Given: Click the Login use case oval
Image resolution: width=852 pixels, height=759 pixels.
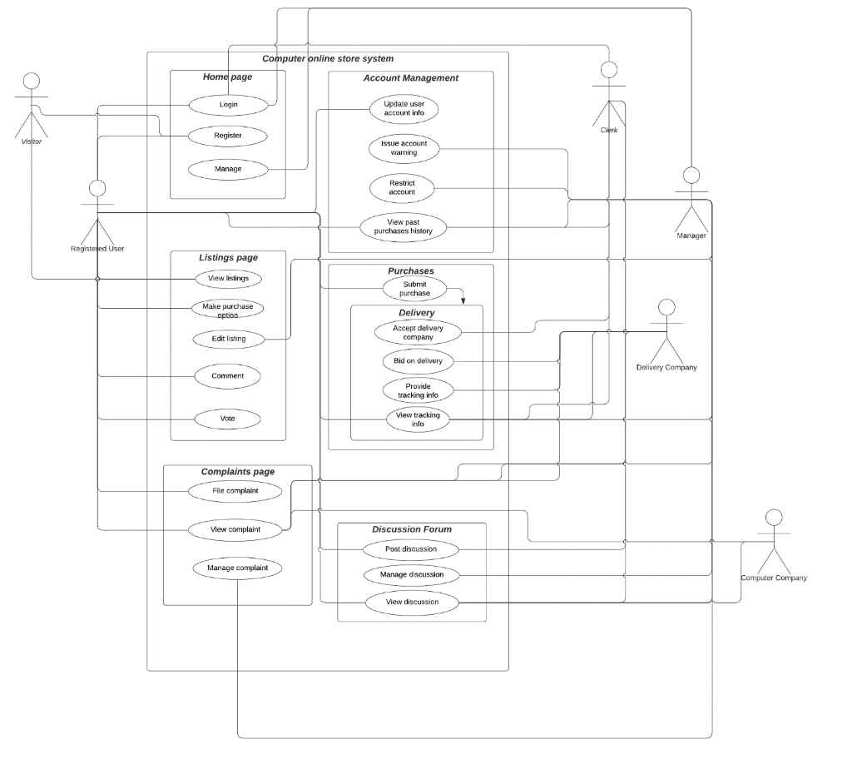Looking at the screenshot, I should tap(228, 105).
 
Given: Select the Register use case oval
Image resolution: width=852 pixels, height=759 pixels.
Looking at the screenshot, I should tap(228, 135).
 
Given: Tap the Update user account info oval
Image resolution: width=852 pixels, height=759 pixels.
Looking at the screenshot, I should tap(404, 109).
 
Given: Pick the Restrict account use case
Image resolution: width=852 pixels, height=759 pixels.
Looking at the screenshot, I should tap(402, 187).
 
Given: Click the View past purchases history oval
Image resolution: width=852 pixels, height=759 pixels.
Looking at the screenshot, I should tap(404, 226).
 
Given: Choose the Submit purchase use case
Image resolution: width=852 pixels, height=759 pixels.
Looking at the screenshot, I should tap(414, 289).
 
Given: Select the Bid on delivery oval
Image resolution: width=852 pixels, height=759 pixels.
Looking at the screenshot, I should tap(418, 361).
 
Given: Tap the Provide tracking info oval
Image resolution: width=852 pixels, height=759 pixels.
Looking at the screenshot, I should tap(418, 389).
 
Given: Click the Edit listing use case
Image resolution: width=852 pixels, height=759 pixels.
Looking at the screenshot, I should tap(228, 339).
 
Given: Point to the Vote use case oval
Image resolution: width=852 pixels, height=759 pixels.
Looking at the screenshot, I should tap(228, 419).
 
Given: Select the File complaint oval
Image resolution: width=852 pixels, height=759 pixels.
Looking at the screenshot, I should tap(235, 491).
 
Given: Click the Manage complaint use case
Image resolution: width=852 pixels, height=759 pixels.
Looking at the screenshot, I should tap(237, 568).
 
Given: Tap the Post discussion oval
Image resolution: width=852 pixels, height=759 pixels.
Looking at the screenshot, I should tap(411, 549).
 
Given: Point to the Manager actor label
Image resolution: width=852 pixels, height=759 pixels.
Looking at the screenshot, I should tap(691, 236).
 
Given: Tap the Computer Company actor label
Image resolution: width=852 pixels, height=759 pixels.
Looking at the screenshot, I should tap(774, 578).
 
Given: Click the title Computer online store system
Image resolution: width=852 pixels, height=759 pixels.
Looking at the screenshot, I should tap(328, 58).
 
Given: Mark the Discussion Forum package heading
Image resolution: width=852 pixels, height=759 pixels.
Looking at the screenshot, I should tap(411, 529).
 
